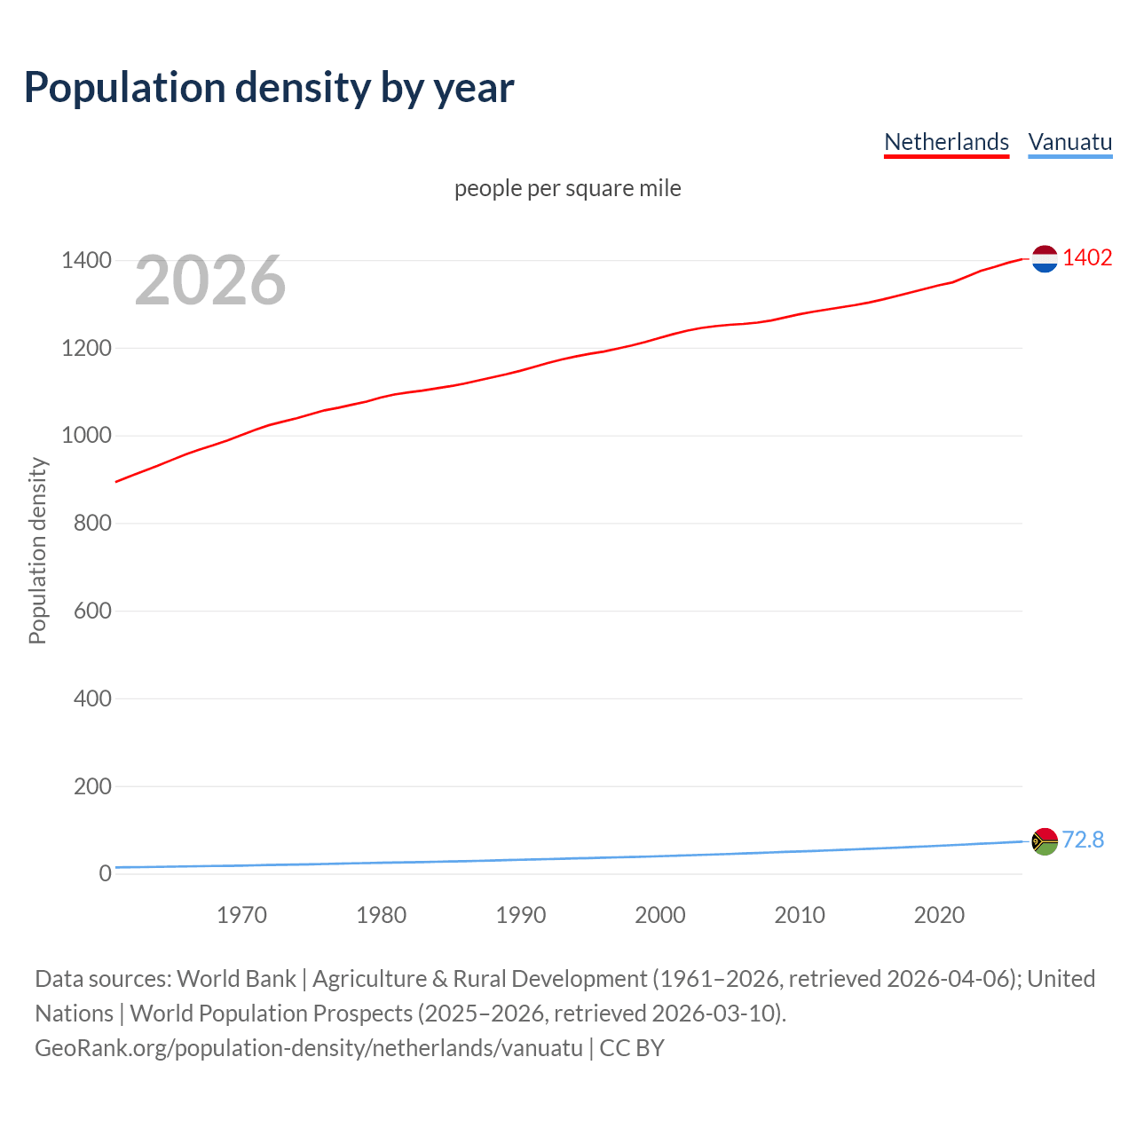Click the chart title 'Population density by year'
coord(269,88)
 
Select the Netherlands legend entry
coord(946,142)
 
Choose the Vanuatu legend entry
coord(1069,142)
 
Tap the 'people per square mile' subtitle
coord(567,188)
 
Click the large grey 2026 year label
coord(210,280)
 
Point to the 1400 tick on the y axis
coord(86,260)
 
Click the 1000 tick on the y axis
coord(86,435)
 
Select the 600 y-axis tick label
coord(92,611)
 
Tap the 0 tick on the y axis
coord(106,873)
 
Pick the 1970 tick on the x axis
coord(241,915)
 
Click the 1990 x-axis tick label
coord(521,915)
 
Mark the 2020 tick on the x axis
coord(939,915)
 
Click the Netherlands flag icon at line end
coord(1045,258)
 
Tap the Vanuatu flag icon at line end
coord(1045,840)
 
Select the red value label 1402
coord(1087,257)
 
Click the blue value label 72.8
coord(1083,840)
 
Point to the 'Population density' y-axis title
coord(37,550)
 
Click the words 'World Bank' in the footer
coord(236,979)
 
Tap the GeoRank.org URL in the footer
coord(309,1048)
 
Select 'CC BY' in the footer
coord(632,1048)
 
